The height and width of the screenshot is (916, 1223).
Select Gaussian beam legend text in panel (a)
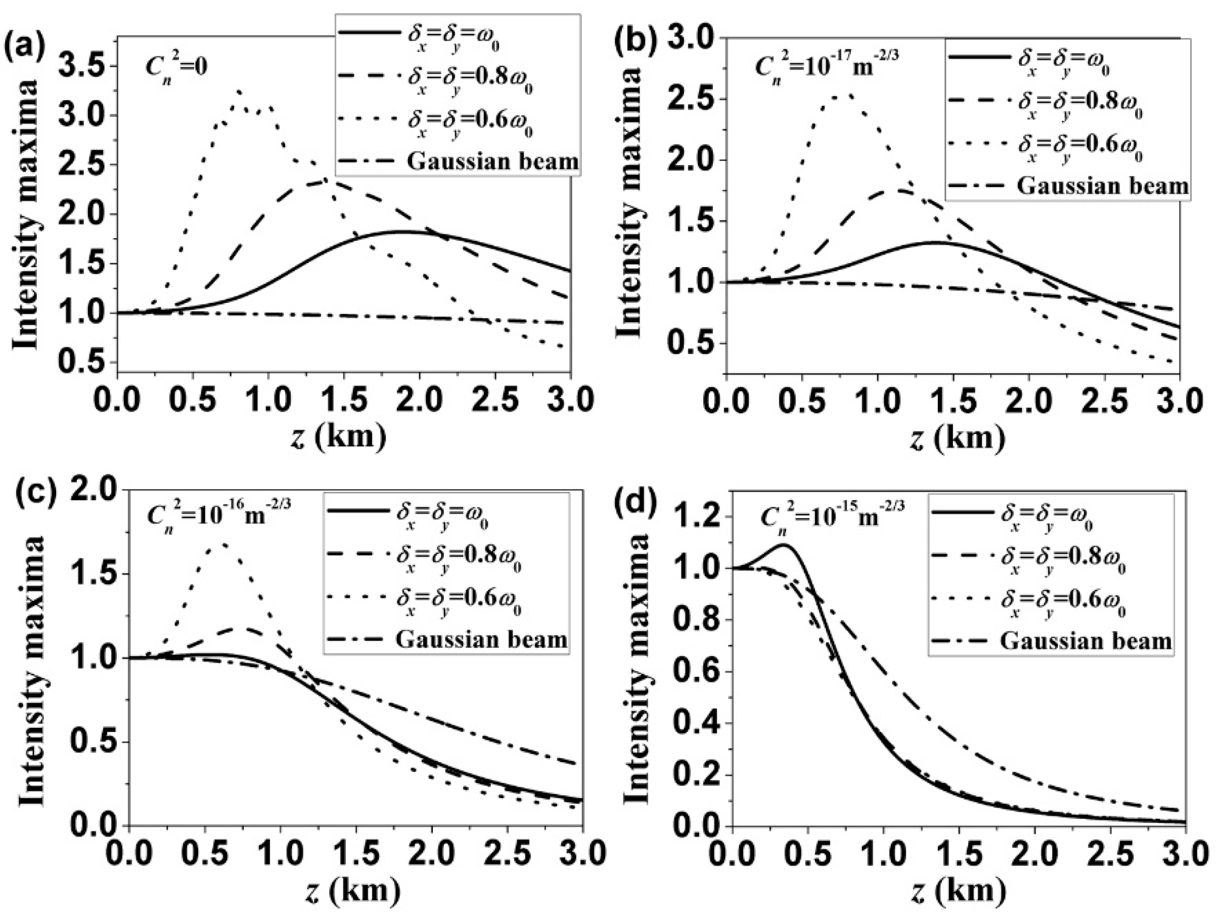pyautogui.click(x=492, y=161)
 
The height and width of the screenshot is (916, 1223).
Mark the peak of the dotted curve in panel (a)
pyautogui.click(x=238, y=90)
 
